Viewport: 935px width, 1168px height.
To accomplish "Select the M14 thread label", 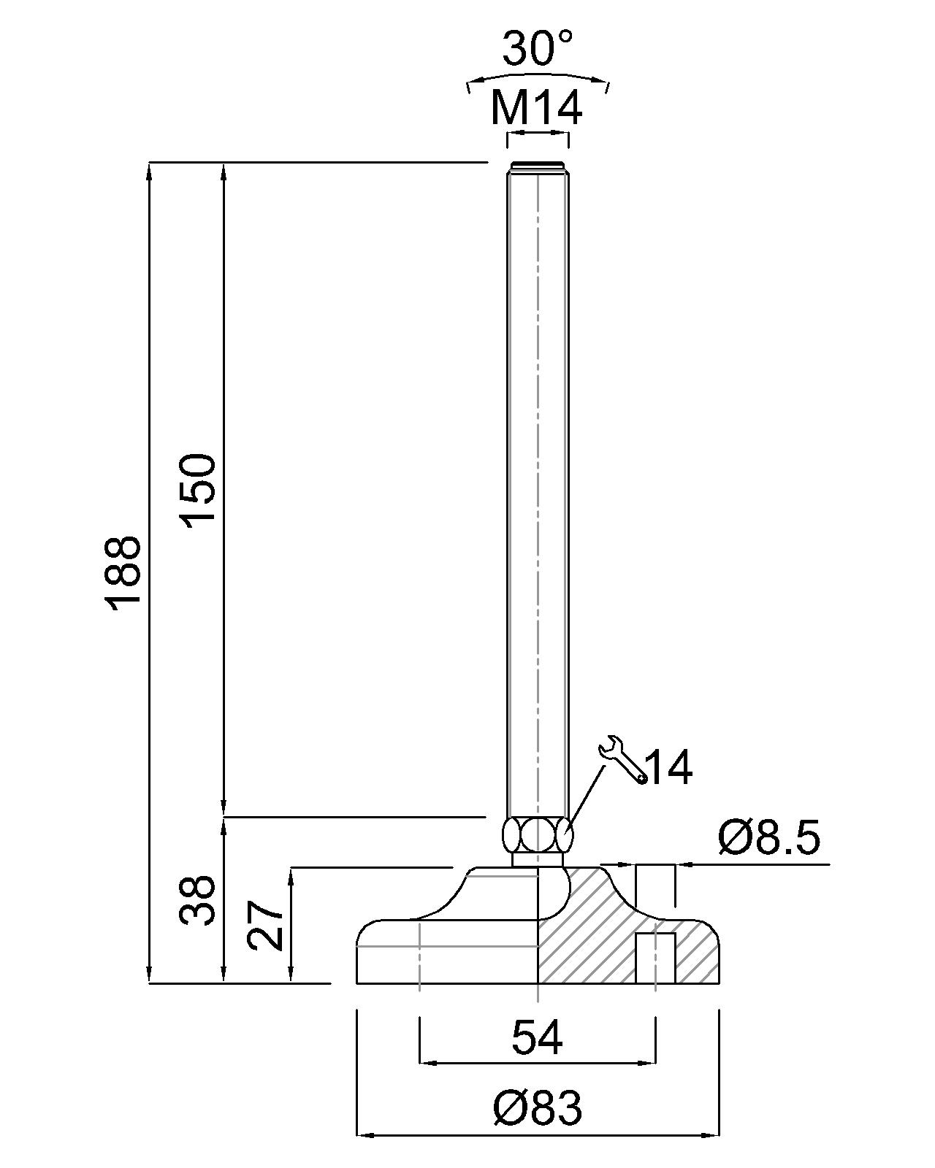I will coord(537,108).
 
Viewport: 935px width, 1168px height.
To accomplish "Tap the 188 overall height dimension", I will coord(122,572).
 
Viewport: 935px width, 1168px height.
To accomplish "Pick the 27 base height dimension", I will coord(266,925).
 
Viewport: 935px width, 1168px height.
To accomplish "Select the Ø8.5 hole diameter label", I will coord(769,838).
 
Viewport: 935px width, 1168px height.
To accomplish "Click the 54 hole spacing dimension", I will coord(537,1037).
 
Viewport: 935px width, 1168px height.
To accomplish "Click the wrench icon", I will coord(622,762).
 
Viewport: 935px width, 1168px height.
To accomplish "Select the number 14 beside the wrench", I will coord(669,768).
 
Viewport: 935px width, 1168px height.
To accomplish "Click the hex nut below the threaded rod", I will coord(538,834).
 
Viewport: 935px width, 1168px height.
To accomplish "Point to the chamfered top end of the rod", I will coord(538,166).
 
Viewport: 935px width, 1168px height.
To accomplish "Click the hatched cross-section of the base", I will coord(584,942).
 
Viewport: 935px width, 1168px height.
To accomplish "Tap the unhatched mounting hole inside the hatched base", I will coord(654,958).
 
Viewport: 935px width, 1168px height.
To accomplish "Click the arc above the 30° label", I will coord(538,75).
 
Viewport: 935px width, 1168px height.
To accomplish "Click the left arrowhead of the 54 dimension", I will coord(426,1063).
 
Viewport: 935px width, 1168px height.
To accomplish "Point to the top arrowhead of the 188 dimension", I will coord(149,170).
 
